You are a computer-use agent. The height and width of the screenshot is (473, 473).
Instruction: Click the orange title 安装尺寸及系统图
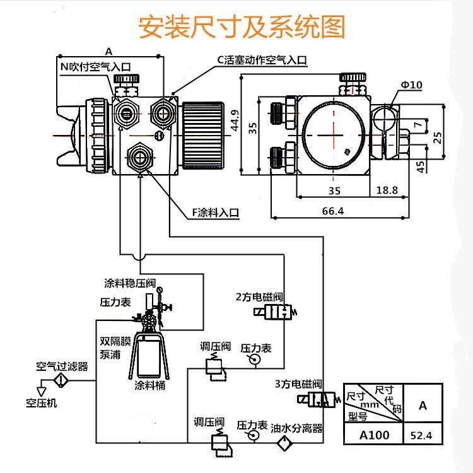coord(243,27)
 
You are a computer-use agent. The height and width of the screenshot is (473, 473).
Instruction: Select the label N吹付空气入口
coord(96,65)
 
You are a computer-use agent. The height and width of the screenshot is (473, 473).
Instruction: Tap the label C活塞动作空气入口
coord(262,60)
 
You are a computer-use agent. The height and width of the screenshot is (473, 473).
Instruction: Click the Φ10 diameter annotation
coord(411,85)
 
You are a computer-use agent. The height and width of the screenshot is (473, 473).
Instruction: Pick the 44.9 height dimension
coord(235,120)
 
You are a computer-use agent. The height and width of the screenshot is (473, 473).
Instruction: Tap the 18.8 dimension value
coord(387,190)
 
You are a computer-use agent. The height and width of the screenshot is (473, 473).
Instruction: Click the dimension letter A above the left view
coord(108,51)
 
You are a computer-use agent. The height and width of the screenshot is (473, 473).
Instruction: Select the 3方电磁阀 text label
coord(298,383)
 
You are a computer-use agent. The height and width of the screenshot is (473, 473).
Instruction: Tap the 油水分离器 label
coord(297,428)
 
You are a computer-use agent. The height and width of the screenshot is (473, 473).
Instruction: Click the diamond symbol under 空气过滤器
coord(61,380)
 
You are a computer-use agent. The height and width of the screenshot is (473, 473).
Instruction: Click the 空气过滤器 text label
coord(62,366)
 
